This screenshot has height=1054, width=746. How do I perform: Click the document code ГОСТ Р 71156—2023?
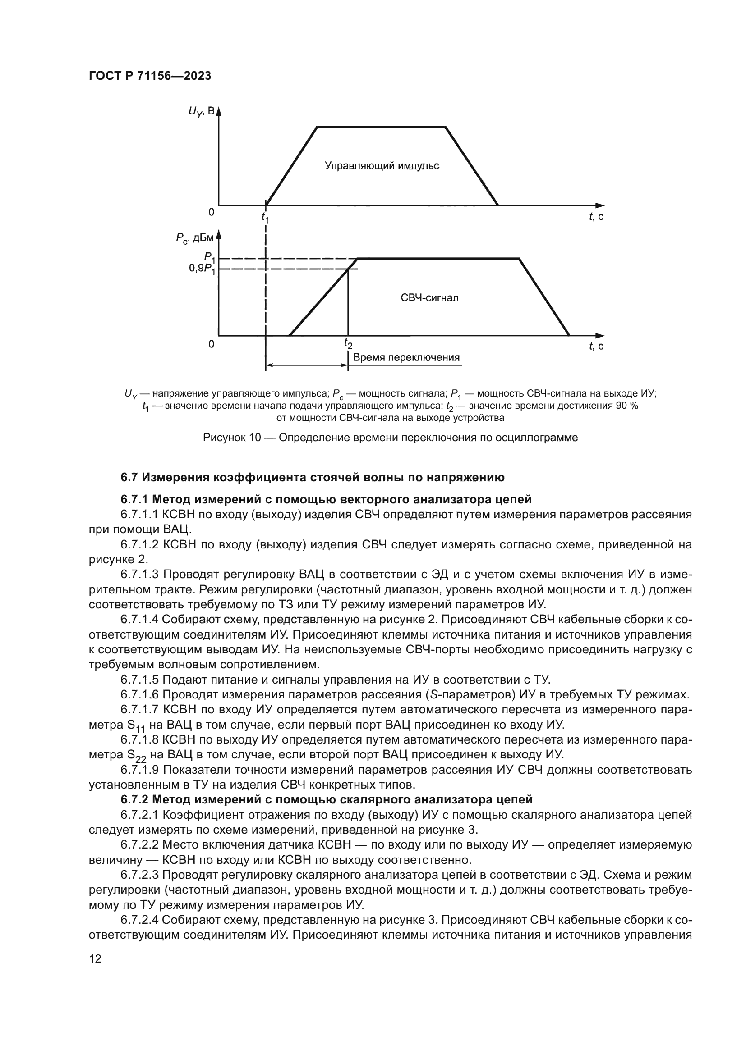[x=150, y=76]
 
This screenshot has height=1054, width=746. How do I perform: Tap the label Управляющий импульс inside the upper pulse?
[x=382, y=166]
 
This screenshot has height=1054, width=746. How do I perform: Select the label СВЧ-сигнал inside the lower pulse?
[x=429, y=297]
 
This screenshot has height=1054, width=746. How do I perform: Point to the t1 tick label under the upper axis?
[x=266, y=217]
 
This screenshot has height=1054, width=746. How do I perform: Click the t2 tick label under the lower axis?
[x=348, y=343]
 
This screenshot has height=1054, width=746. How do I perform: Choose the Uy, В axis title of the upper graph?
[x=201, y=112]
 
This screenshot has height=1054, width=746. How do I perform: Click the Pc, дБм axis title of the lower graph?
[x=195, y=238]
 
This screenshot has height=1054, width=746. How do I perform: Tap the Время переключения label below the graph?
[x=406, y=358]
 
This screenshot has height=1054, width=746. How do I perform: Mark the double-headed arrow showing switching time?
[x=306, y=365]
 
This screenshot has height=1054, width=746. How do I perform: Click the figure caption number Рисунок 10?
[x=231, y=438]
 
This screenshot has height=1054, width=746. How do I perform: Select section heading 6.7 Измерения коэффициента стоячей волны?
[x=313, y=477]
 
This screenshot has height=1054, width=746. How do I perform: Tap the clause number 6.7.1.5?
[x=140, y=679]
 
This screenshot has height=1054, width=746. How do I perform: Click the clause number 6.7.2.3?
[x=140, y=875]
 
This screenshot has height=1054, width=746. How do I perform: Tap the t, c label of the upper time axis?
[x=596, y=217]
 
